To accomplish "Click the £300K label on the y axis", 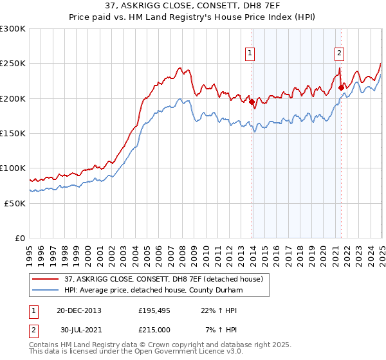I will point(13,29).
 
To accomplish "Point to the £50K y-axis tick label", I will point(15,203).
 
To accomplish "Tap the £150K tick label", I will point(13,134).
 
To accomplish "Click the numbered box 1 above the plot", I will point(249,54).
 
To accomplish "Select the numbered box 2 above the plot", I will point(338,54).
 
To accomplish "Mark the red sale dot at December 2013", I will point(252,101).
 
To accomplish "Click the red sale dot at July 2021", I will point(341,87).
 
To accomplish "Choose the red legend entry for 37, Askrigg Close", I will point(163,279).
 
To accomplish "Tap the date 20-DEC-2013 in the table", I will point(79,310).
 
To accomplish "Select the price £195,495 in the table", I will point(152,310).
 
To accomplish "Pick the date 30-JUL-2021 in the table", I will point(79,329).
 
